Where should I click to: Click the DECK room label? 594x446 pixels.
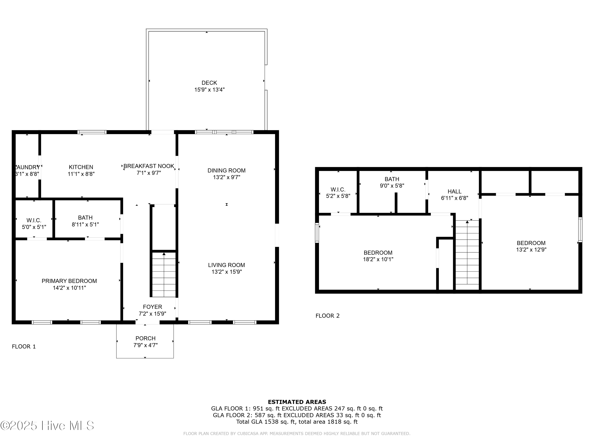(209, 83)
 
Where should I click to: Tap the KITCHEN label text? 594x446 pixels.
(81, 167)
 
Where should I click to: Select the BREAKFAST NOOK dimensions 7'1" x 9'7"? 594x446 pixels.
(149, 173)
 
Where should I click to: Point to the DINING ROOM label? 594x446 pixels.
(226, 170)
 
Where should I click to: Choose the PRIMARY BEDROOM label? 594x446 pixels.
(69, 281)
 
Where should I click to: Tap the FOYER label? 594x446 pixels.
(152, 307)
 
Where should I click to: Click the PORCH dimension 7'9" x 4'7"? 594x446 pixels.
(146, 345)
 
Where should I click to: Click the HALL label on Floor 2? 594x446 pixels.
(454, 191)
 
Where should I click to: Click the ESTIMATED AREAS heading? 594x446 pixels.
(297, 402)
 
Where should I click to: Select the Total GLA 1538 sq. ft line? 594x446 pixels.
(297, 422)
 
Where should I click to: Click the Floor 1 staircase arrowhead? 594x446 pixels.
(164, 254)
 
